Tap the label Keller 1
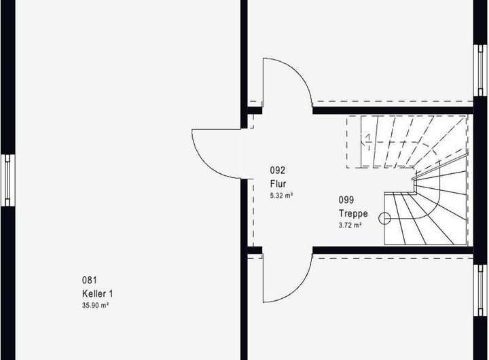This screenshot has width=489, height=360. tap(97, 293)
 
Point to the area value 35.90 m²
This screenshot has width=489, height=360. tap(96, 306)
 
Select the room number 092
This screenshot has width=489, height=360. tap(277, 170)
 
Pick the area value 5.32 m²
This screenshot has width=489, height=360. tap(281, 196)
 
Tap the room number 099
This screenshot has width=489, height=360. tap(346, 200)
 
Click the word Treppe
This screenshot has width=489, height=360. tap(353, 213)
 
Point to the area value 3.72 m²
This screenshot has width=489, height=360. tap(350, 225)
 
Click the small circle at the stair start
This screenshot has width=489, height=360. tap(385, 219)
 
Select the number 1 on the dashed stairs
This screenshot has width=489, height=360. tap(367, 140)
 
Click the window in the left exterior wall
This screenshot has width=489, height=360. tap(7, 179)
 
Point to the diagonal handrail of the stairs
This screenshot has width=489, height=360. tap(441, 164)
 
